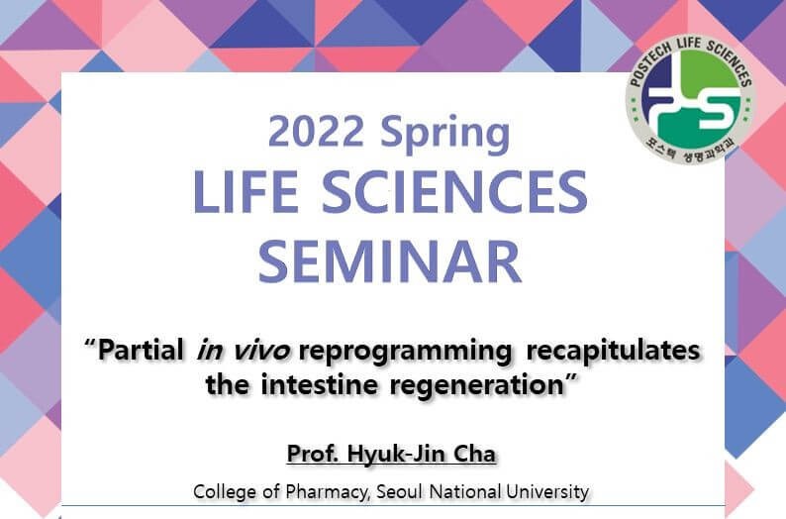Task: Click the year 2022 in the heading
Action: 316,131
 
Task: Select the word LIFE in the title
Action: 246,191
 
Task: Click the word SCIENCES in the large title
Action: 454,191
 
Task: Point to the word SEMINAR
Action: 390,261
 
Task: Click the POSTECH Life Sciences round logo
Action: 691,99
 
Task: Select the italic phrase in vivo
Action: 244,351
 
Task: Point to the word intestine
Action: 320,385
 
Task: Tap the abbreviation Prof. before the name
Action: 312,454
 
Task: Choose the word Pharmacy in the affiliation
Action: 327,492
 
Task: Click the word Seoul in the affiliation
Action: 400,491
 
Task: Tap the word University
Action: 547,492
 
